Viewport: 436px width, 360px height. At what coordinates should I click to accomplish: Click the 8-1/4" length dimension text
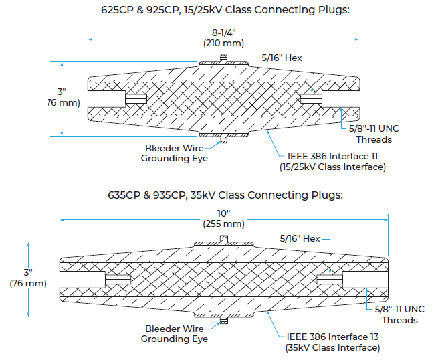point(224,33)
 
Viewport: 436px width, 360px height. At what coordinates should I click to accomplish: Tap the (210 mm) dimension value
point(224,43)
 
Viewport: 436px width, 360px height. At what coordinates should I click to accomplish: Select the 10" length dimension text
point(224,213)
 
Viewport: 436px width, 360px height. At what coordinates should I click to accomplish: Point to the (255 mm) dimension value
point(224,224)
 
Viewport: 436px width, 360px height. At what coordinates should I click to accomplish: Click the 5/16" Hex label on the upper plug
point(282,58)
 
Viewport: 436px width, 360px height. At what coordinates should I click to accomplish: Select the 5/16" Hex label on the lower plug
point(300,238)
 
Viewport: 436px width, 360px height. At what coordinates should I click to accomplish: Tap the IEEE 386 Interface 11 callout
point(332,156)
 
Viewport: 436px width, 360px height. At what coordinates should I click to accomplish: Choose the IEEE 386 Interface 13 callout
point(332,337)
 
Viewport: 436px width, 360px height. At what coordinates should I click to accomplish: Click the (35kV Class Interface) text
point(332,347)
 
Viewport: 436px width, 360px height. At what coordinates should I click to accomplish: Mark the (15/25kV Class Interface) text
point(332,167)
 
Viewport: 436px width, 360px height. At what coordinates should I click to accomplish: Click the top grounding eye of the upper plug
point(223,58)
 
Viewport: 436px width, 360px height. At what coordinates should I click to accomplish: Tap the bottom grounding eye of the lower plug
point(224,321)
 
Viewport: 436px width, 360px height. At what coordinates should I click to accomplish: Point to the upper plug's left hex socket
point(136,99)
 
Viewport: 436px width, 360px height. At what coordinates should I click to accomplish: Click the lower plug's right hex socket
point(330,279)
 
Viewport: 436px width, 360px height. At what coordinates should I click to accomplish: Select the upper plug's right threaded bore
point(341,99)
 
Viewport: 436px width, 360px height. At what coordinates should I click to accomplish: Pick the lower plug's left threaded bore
point(82,279)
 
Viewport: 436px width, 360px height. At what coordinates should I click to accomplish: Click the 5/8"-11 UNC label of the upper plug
point(374,128)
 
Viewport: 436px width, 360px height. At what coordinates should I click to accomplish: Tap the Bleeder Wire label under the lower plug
point(175,329)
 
